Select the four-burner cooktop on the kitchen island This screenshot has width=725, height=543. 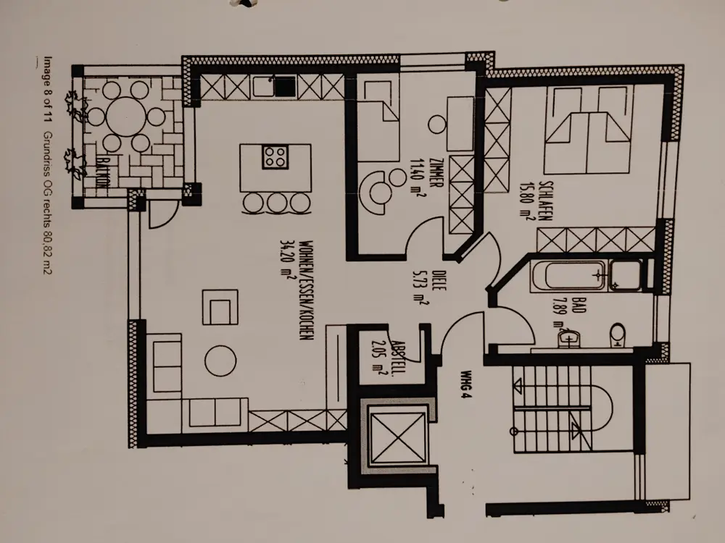pos(275,157)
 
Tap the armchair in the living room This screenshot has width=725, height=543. pos(220,307)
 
